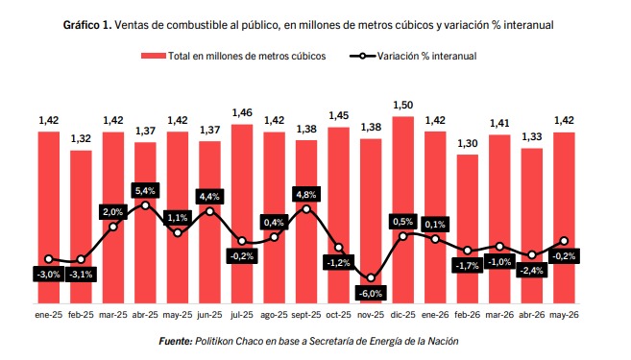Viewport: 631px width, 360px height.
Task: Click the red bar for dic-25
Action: coord(402,210)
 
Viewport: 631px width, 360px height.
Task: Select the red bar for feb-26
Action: coord(467,228)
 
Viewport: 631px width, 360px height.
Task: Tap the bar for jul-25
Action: coord(242,214)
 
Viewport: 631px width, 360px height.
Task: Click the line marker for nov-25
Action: coord(371,278)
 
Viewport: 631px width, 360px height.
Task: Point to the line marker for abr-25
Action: coord(145,205)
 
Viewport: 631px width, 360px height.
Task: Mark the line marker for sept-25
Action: coord(306,209)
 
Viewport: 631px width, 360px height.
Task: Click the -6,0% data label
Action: coord(371,293)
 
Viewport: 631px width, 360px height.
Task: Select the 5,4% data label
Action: coord(145,191)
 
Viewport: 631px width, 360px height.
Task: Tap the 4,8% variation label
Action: coord(306,195)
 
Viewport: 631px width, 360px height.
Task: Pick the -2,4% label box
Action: coord(532,271)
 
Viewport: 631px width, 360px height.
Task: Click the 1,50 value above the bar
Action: coord(402,106)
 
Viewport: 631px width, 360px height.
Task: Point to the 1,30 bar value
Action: coord(467,143)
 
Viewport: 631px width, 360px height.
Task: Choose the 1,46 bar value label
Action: coord(242,113)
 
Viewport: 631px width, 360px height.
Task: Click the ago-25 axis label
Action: coord(274,315)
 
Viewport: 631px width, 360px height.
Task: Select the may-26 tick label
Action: coord(564,315)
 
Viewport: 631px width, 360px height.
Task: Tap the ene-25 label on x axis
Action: coord(49,315)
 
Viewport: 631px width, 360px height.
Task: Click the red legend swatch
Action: coord(154,56)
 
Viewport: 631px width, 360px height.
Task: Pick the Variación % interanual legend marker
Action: coord(362,56)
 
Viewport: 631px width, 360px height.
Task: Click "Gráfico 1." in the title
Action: coord(87,25)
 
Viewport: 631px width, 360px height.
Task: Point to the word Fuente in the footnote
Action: coord(176,341)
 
